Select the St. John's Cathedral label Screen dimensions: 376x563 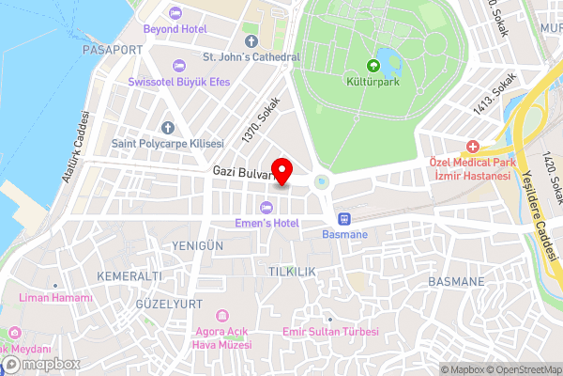coord(252,57)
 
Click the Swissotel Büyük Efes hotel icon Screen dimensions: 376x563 coord(179,64)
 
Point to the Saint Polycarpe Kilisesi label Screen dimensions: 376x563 coord(167,144)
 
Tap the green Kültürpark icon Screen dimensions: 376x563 coord(373,66)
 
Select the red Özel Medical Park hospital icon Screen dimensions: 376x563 coord(473,147)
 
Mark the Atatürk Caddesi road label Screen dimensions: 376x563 coord(75,148)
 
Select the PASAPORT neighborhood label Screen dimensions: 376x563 coord(113,49)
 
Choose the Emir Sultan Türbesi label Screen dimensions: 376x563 coord(331,333)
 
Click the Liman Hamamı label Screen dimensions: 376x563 coord(55,298)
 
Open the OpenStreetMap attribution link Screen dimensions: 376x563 coord(523,368)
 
